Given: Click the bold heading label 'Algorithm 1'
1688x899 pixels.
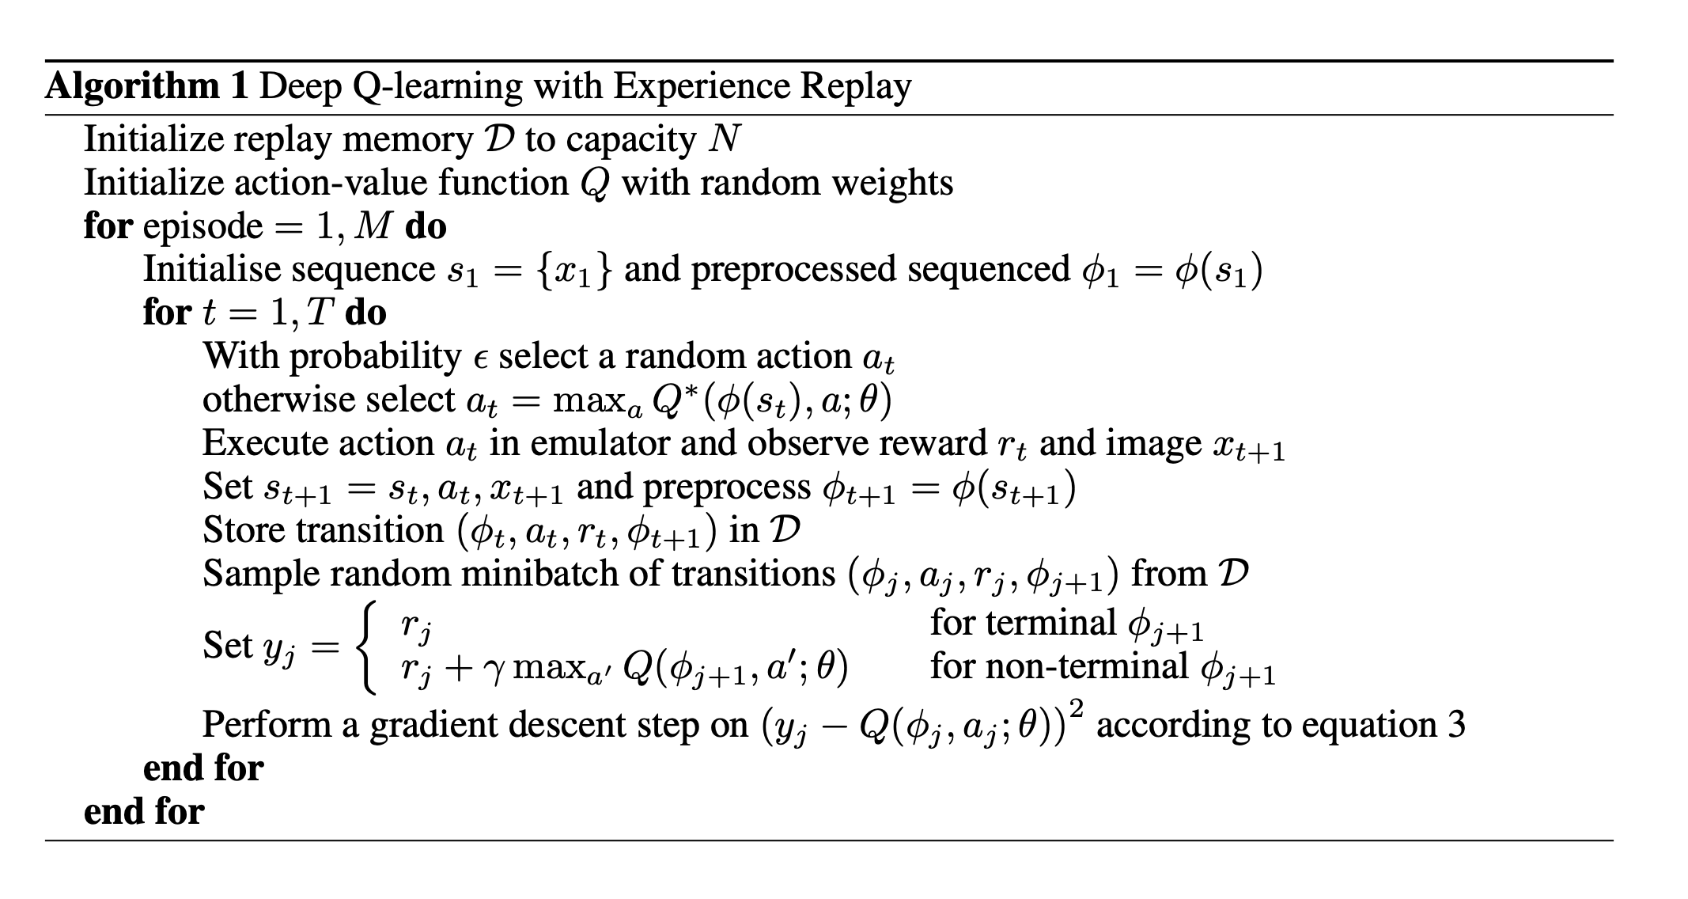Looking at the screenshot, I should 147,86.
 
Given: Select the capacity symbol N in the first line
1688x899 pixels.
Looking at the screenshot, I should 725,139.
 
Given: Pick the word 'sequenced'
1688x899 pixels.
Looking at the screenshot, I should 988,269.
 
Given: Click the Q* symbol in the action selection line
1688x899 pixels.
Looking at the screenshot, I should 671,400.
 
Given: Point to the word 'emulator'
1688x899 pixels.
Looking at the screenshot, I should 599,443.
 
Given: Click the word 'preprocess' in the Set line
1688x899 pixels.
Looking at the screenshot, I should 727,487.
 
